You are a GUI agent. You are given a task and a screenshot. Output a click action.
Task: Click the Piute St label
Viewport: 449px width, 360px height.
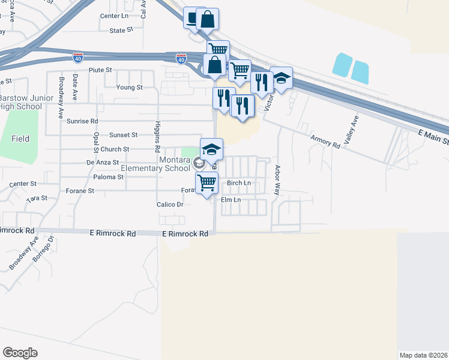tap(101, 70)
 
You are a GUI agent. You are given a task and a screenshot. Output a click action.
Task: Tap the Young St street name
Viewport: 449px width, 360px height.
tap(130, 87)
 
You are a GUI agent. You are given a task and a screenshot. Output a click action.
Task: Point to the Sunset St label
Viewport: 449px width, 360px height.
tap(123, 135)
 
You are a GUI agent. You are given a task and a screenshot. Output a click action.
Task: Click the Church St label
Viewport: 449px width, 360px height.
tap(115, 149)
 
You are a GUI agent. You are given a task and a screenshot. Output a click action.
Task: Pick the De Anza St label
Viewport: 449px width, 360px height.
tap(103, 162)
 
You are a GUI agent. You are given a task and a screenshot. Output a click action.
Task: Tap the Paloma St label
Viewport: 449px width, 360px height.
tap(109, 177)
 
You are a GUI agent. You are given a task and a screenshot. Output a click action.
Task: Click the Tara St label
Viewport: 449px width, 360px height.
tap(37, 197)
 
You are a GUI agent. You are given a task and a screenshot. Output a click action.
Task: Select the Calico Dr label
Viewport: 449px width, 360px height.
tap(170, 205)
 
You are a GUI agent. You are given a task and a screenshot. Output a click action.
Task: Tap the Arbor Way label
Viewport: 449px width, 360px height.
tap(277, 179)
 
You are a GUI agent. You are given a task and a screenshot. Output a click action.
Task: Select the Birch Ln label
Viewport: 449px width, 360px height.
tap(238, 182)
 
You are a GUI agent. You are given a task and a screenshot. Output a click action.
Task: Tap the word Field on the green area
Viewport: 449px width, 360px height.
tap(20, 139)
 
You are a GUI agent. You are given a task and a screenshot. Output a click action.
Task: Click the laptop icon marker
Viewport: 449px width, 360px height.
tap(192, 19)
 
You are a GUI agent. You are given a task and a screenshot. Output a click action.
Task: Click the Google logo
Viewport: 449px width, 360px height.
tap(20, 353)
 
